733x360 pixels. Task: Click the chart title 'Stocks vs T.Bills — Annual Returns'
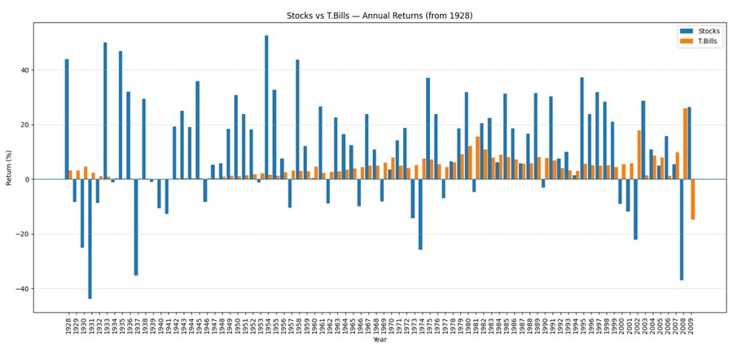[x=379, y=15]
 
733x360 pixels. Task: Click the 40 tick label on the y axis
[x=24, y=70]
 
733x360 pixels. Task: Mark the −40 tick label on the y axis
[x=22, y=289]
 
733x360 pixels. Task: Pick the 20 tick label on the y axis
[x=24, y=125]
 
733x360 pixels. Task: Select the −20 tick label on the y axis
[x=22, y=235]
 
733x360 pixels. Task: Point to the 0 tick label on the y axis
[x=27, y=179]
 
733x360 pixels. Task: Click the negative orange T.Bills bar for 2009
[x=693, y=200]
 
